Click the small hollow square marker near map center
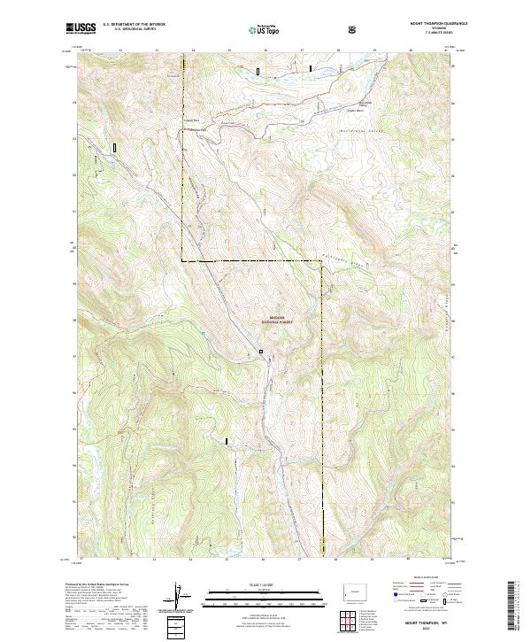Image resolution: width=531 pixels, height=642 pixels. point(261,352)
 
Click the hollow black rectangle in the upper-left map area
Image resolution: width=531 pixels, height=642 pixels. point(114,148)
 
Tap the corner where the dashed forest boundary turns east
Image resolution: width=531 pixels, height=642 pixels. point(183,261)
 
